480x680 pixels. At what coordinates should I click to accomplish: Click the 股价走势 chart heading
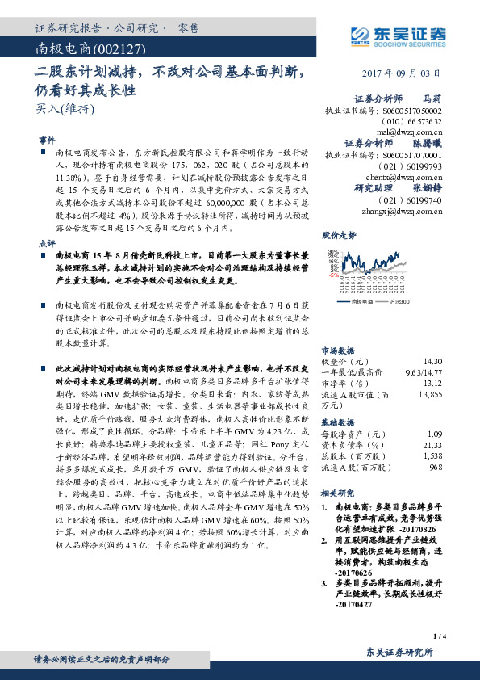339,237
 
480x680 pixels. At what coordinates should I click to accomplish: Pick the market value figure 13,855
430,394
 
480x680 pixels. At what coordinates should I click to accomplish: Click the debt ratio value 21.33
432,445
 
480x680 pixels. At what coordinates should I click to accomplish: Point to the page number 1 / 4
440,637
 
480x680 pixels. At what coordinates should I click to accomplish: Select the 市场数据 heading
339,350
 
